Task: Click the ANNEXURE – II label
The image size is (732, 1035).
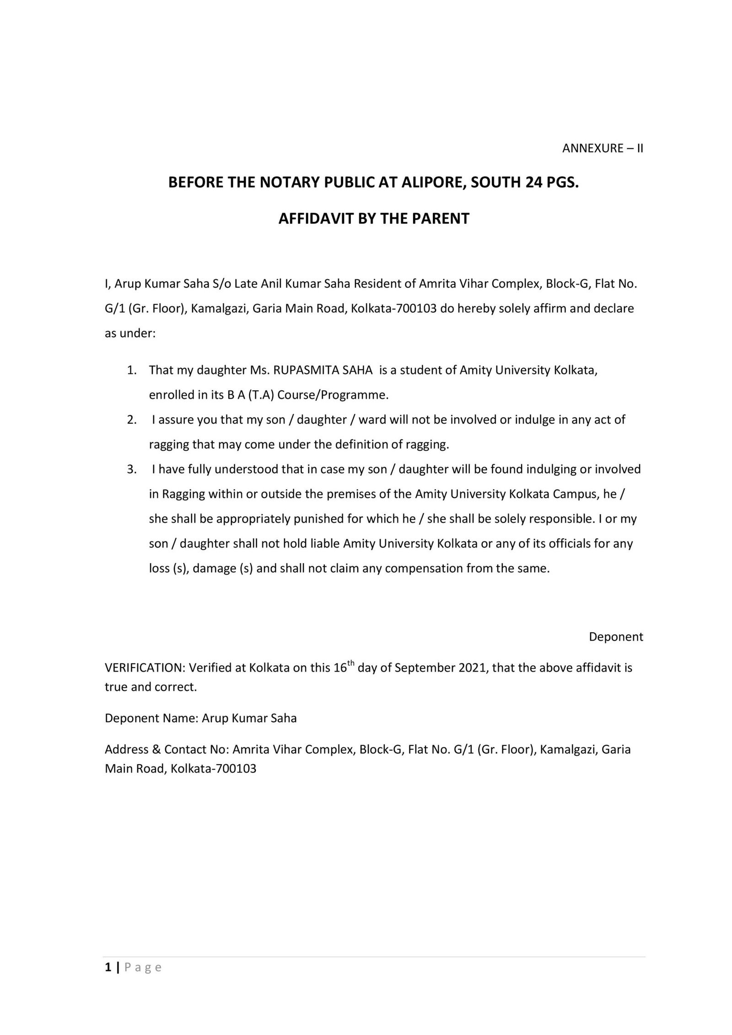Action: (602, 148)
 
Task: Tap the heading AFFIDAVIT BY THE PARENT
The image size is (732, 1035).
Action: (374, 219)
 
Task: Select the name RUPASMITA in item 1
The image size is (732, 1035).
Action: (303, 370)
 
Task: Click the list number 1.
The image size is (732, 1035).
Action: (132, 370)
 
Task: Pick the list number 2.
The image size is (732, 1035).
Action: (132, 420)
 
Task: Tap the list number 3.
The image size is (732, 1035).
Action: (132, 469)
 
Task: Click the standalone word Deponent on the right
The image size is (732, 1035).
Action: (615, 637)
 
